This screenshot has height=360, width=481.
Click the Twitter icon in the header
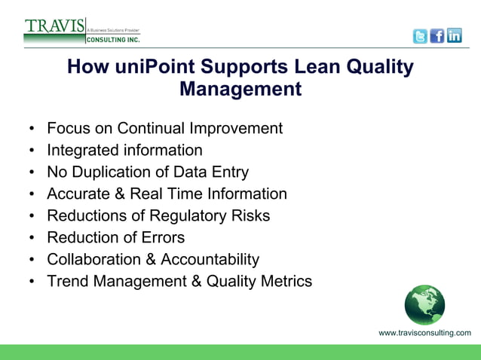pos(420,35)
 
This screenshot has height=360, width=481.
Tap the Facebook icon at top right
pos(437,35)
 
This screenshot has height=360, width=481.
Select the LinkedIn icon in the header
pos(454,35)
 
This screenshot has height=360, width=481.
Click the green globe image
pos(424,305)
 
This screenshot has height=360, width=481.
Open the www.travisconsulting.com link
pos(424,333)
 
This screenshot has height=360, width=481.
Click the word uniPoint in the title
pos(149,68)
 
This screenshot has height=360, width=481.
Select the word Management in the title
pos(240,90)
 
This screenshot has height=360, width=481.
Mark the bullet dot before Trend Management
pos(31,282)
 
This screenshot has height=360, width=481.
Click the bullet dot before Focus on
pos(31,129)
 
